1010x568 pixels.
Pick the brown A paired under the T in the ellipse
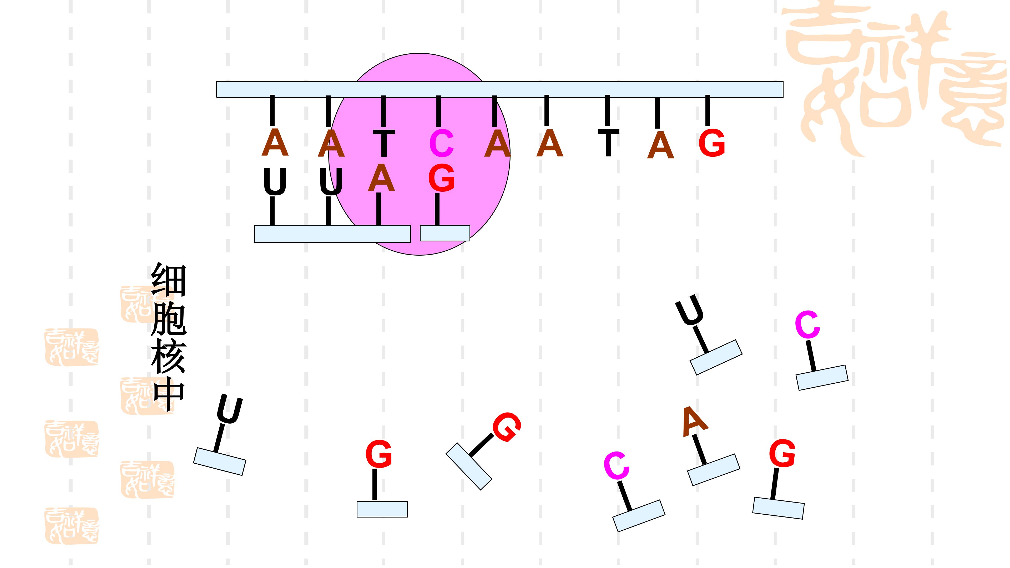click(381, 178)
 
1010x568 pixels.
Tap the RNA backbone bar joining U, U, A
click(332, 234)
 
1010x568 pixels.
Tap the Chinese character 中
click(169, 396)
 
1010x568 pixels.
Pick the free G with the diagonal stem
click(507, 427)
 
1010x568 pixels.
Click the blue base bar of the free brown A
click(714, 470)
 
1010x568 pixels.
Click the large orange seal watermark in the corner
click(894, 78)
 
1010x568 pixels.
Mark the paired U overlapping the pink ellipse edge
click(331, 181)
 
